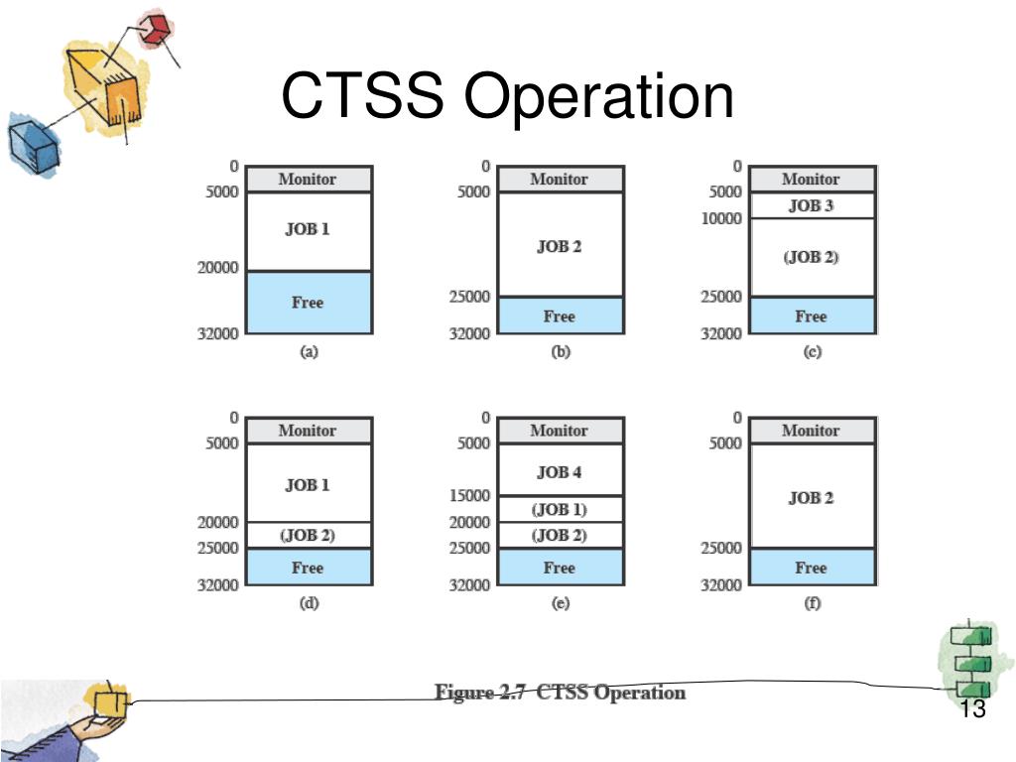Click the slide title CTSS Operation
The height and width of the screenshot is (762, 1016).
507,97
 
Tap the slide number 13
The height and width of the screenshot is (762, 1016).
972,709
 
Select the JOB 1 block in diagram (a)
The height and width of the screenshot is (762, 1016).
308,230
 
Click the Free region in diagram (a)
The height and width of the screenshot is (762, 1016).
308,303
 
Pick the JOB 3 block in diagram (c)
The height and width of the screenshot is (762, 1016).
811,205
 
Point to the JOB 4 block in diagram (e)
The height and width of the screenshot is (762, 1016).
559,470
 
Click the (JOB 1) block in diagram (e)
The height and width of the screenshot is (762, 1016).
559,509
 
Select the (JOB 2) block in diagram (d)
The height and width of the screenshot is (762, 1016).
308,535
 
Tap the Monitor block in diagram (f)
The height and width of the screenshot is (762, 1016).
811,431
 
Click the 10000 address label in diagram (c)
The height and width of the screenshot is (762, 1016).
721,218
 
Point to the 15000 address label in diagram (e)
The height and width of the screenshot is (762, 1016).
469,495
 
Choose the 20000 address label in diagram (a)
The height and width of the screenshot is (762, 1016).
217,267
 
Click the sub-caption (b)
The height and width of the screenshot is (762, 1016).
560,352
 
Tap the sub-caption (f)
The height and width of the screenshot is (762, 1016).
812,603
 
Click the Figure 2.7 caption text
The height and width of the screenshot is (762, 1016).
560,693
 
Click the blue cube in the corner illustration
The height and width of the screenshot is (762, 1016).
32,142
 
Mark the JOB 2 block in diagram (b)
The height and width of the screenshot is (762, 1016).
559,246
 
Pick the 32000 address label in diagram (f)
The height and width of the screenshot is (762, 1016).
721,584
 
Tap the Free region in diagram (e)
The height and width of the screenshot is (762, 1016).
559,568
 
